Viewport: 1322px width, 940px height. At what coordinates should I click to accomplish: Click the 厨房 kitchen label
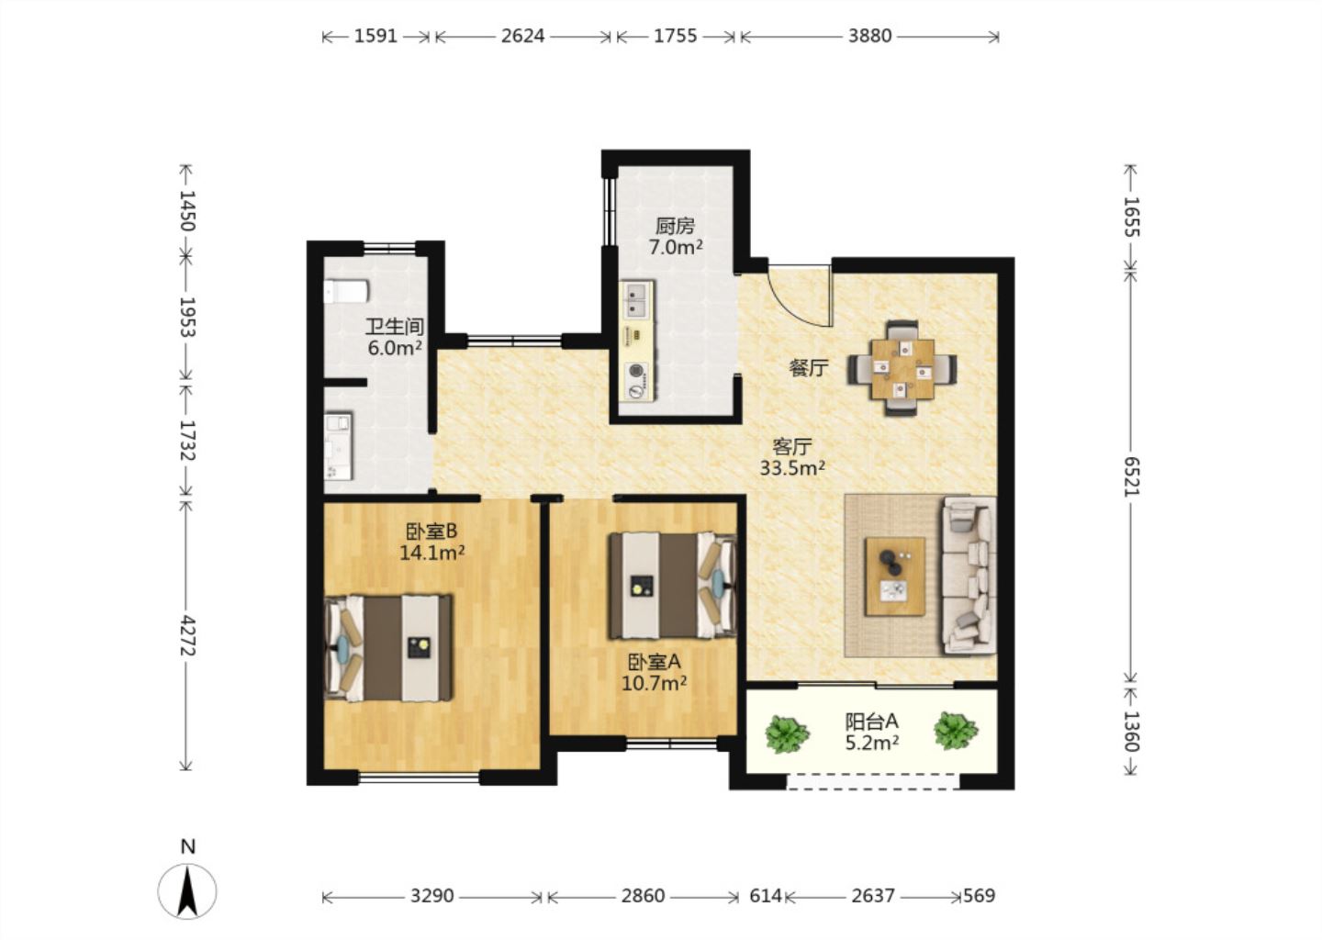(x=675, y=226)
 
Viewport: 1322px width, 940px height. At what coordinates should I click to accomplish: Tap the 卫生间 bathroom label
(x=395, y=327)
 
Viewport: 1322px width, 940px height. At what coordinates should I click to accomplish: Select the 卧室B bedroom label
(x=431, y=532)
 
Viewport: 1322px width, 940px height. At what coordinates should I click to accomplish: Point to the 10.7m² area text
(x=654, y=683)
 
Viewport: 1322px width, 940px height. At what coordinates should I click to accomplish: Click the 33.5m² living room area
(x=792, y=468)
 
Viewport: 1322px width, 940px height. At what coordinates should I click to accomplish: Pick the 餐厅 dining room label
(x=809, y=368)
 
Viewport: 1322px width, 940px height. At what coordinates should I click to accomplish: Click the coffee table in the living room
(x=895, y=576)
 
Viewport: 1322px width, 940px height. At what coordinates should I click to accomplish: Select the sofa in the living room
(x=969, y=576)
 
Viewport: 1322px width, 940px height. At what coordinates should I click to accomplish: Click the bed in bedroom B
(x=388, y=648)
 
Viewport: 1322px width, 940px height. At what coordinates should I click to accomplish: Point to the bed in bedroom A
(x=673, y=586)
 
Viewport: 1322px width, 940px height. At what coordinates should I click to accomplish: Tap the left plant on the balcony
(x=787, y=733)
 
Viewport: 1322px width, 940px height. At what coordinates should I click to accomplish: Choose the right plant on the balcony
(x=956, y=731)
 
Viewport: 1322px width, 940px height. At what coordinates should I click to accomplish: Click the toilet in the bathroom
(x=346, y=292)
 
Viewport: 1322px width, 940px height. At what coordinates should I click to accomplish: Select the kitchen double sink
(x=637, y=300)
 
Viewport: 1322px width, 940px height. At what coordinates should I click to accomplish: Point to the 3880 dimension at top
(x=870, y=37)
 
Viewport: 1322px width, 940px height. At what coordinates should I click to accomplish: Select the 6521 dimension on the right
(x=1131, y=476)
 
